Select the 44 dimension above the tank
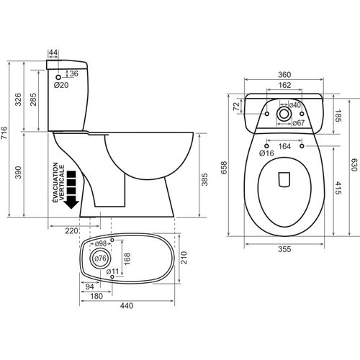[x=54, y=53]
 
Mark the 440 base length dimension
[x=127, y=305]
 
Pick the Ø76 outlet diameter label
[x=101, y=259]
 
